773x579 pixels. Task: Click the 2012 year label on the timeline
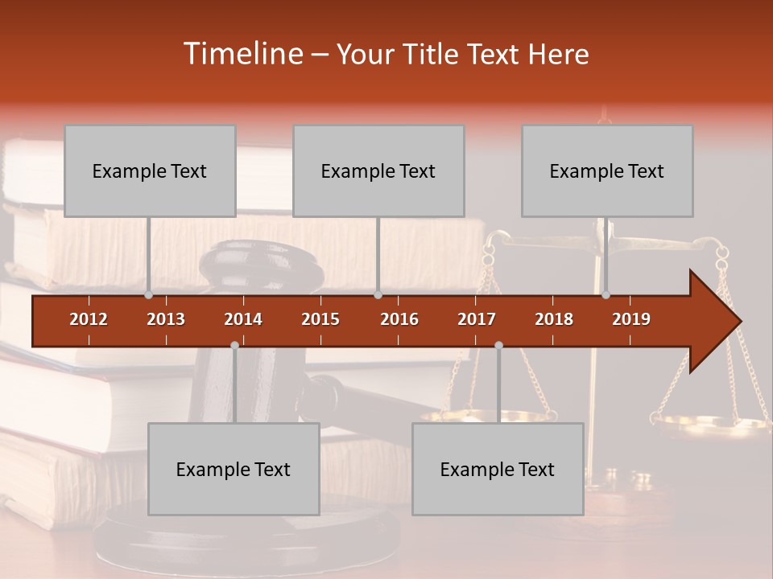point(89,319)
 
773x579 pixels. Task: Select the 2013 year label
point(166,319)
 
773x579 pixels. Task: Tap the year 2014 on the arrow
point(243,319)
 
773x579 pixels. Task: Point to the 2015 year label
point(320,319)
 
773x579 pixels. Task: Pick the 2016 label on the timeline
point(399,319)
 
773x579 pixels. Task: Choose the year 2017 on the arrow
point(477,319)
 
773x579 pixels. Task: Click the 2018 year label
point(554,319)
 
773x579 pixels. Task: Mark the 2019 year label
point(631,319)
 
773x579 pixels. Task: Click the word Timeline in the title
point(242,54)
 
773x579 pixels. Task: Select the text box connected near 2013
point(150,170)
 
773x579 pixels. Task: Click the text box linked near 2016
point(378,170)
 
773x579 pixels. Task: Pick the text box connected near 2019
point(607,170)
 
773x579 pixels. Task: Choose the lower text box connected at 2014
point(234,469)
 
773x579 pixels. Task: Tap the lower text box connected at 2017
point(498,469)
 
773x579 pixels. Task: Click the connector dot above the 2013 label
point(149,294)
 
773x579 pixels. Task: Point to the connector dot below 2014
point(234,345)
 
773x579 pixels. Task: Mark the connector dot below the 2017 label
point(498,345)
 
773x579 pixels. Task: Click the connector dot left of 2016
point(378,294)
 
